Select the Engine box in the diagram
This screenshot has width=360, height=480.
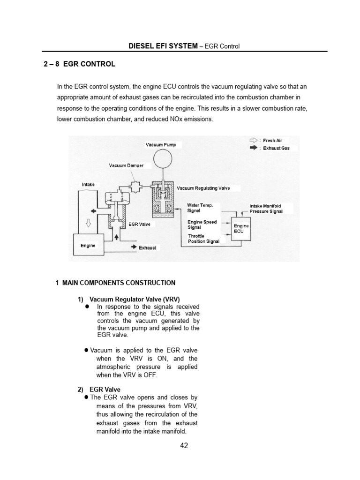tap(88, 246)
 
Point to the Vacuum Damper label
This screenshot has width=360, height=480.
tap(126, 165)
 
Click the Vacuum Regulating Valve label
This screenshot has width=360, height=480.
tap(203, 188)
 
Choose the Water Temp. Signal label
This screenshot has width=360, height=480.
tap(200, 208)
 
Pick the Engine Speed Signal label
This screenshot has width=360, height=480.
tap(202, 225)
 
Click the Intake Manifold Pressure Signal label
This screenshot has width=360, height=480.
tap(266, 209)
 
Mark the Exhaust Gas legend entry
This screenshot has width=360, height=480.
tap(276, 148)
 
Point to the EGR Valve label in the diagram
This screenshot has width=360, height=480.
tap(139, 225)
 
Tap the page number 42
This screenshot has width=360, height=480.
tap(184, 446)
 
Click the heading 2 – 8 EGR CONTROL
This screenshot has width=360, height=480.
tap(78, 64)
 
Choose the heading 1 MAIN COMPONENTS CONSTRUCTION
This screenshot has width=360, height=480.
tap(115, 283)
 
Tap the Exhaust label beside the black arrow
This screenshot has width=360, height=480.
tap(147, 247)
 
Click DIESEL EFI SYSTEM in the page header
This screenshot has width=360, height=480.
tap(163, 46)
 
